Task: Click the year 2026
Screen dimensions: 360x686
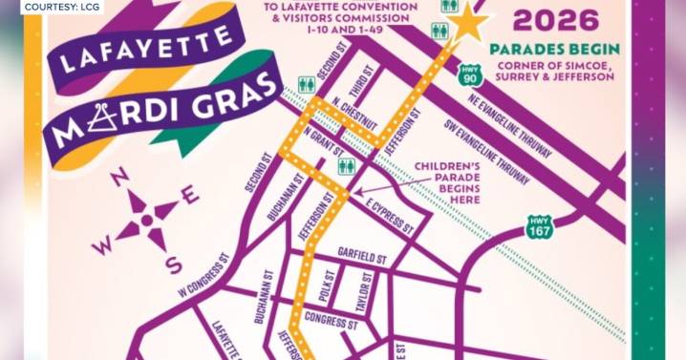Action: tap(554, 21)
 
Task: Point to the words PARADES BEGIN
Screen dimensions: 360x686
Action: tap(554, 49)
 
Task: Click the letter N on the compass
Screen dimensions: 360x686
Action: tap(121, 179)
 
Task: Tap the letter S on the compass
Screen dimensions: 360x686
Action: tap(172, 264)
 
